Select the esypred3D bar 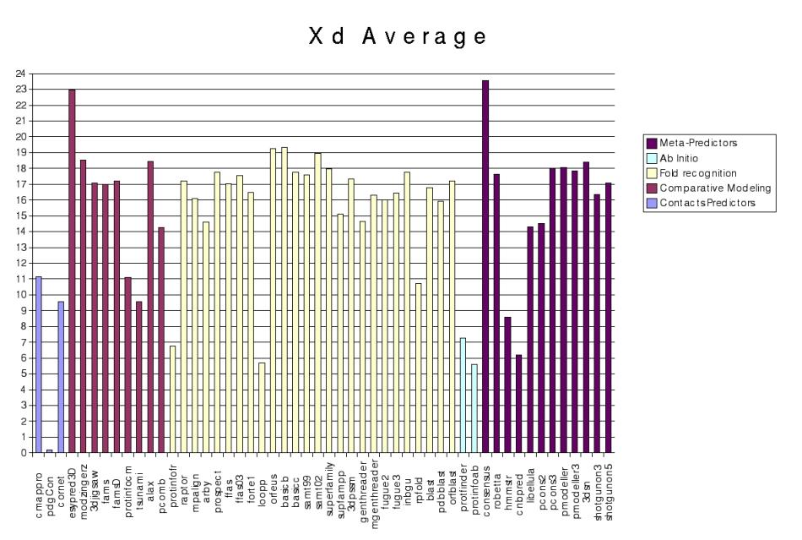tap(72, 270)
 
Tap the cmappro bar tap(39, 364)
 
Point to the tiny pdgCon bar tap(50, 450)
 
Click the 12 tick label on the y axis tap(21, 263)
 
